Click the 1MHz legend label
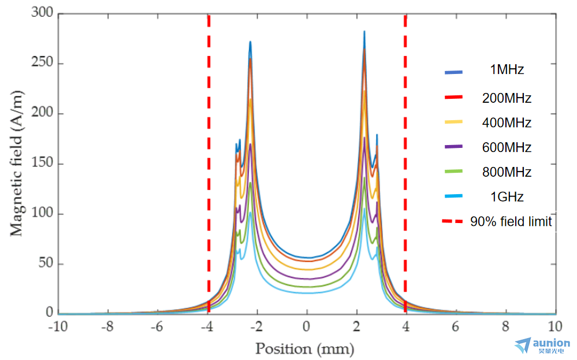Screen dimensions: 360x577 (x=507, y=70)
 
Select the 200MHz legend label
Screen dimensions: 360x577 (x=507, y=98)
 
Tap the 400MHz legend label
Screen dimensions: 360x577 (x=507, y=123)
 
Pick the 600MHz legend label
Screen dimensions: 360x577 (x=507, y=147)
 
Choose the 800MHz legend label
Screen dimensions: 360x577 (x=507, y=172)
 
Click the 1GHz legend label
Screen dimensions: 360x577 (x=507, y=196)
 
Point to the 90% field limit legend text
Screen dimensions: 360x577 (x=511, y=221)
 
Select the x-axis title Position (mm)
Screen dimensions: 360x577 (x=304, y=349)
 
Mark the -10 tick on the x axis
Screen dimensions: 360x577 (x=58, y=326)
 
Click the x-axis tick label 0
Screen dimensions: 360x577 (x=307, y=326)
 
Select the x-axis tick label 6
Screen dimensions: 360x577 (x=456, y=326)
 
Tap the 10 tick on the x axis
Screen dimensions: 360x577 (x=554, y=326)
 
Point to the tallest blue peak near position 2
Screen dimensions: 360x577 (x=364, y=32)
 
